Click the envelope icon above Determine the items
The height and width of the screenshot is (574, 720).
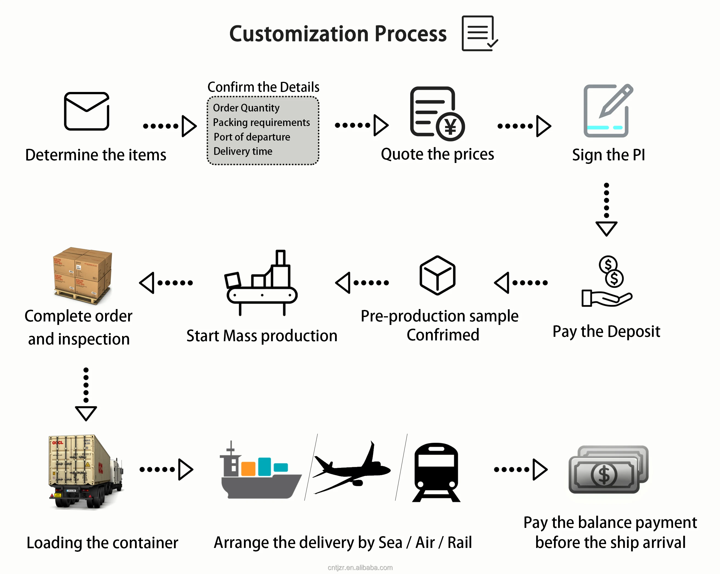86,111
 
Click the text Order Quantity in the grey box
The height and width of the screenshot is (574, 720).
246,108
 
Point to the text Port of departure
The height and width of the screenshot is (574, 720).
252,137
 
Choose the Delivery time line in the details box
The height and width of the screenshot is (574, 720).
243,151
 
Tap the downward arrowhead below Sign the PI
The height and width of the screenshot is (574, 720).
606,229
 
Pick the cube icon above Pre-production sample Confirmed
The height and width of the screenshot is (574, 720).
437,275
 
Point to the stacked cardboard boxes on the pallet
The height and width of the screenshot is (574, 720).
83,275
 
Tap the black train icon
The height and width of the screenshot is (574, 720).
436,472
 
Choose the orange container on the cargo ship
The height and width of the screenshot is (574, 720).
248,468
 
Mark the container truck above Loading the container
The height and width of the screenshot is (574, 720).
86,471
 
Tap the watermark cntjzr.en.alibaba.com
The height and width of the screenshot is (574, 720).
360,567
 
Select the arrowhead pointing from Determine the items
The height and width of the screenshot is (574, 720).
189,126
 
